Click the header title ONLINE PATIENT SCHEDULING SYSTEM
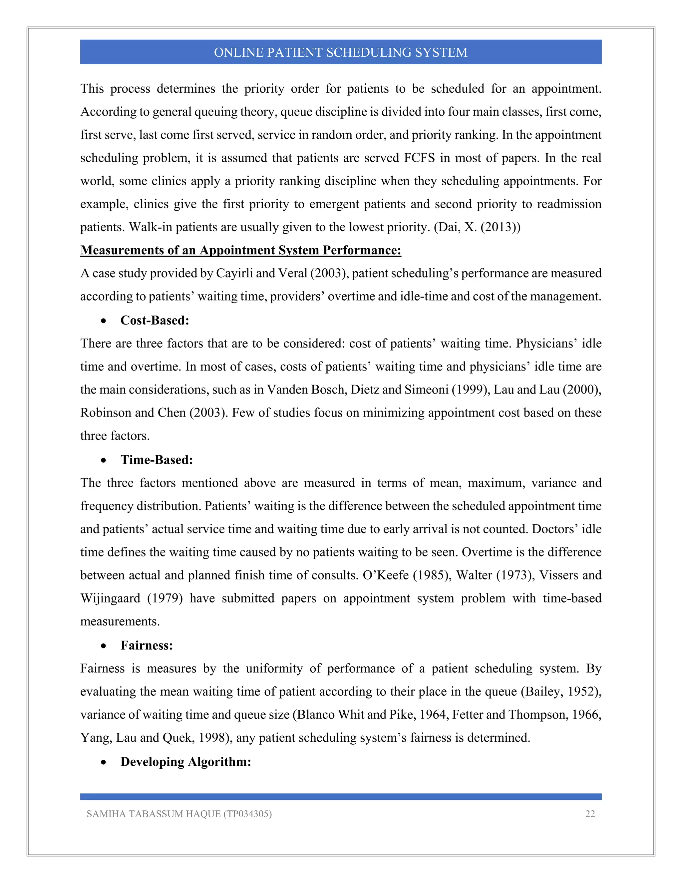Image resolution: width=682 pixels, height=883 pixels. (341, 52)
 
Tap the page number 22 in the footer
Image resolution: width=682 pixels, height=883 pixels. (590, 814)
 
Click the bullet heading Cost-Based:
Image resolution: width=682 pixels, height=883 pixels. (155, 320)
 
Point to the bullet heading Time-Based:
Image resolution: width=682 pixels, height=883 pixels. (157, 460)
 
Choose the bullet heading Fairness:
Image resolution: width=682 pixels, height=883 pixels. (147, 645)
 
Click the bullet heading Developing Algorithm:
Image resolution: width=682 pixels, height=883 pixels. (186, 762)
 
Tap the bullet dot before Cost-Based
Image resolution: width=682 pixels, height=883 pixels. (104, 321)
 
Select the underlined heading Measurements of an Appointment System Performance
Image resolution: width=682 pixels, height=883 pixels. (241, 250)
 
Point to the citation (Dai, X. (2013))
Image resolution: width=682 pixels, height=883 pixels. (477, 227)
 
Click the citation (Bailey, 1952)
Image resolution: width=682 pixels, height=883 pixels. (560, 692)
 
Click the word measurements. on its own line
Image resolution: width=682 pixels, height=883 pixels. (120, 621)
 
